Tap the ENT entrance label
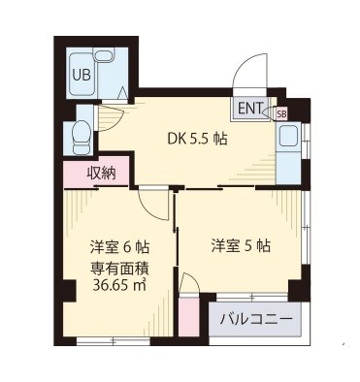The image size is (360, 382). click(249, 108)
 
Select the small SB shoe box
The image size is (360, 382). click(281, 113)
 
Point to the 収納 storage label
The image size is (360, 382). click(101, 175)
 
